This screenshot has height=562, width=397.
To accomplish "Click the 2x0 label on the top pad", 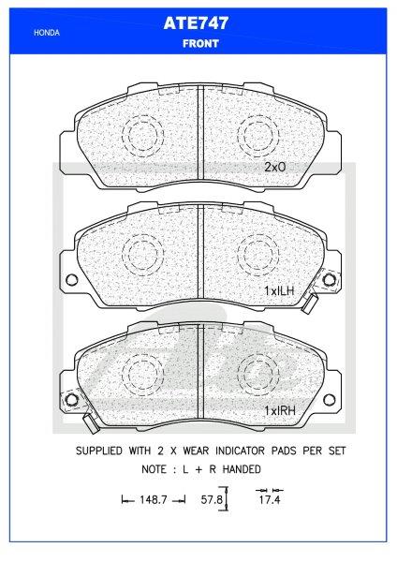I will (274, 168).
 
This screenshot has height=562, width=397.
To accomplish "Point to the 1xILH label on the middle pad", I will (279, 291).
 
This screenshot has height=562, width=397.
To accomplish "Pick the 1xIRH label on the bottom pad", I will (279, 410).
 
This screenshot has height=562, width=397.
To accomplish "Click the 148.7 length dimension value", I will (154, 502).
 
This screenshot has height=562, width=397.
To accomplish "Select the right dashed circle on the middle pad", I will (257, 253).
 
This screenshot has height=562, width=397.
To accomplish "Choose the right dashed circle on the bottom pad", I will (257, 372).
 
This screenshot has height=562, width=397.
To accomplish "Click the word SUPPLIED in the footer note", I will (103, 451).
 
